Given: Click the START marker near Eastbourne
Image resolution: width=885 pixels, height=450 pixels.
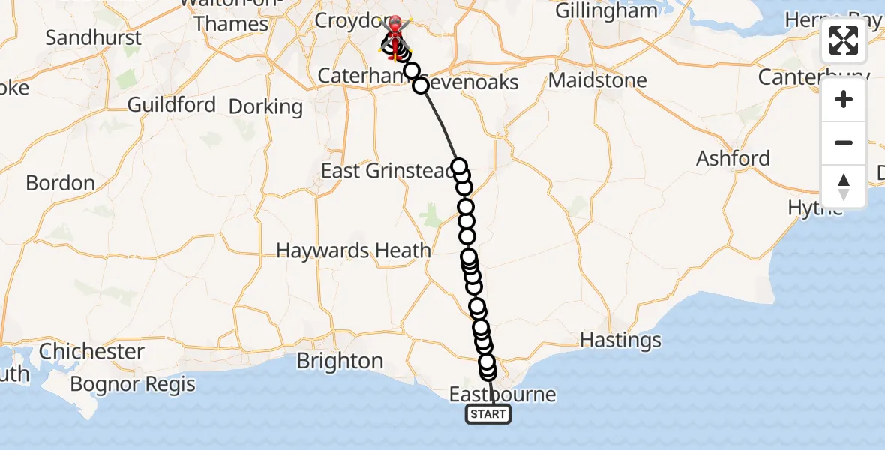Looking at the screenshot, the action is [x=488, y=414].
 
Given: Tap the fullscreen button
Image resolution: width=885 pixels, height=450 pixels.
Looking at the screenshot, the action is [x=844, y=40].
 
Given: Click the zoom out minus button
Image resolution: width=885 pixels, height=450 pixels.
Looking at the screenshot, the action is [x=844, y=143].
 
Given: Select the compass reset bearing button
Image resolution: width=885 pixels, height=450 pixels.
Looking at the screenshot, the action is [x=844, y=187].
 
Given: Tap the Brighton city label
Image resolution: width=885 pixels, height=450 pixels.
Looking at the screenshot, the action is [x=340, y=361].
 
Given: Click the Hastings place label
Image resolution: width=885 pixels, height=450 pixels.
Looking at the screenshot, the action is [x=620, y=340].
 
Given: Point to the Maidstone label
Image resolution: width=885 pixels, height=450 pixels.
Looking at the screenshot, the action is [x=598, y=79].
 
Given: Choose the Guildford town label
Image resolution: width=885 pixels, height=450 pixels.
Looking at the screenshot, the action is [x=172, y=104].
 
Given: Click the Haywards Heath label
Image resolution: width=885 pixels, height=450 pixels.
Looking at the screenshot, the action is [x=353, y=250].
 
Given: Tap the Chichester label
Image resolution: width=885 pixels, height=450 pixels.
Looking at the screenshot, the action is [x=91, y=351].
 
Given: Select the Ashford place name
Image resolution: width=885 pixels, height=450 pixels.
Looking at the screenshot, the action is [x=733, y=158].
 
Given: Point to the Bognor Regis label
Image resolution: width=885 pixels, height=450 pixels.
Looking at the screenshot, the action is [x=133, y=385].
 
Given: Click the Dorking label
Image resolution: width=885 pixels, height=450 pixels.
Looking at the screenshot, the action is [x=265, y=106].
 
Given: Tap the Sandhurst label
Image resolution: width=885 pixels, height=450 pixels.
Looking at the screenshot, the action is [x=93, y=37].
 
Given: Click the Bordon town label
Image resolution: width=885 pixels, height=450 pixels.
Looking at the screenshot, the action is [x=60, y=183].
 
